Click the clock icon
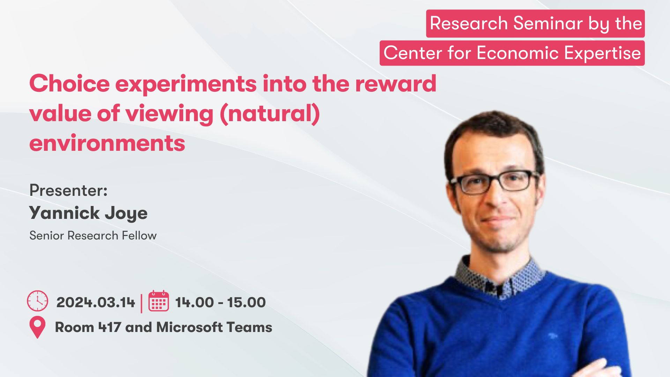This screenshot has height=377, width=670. tap(38, 301)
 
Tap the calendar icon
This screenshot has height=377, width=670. tap(159, 301)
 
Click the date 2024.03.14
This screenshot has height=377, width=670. tap(96, 302)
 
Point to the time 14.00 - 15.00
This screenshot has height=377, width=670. tap(221, 302)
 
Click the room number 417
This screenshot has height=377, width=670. tap(110, 327)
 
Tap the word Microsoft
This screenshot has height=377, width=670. tap(189, 327)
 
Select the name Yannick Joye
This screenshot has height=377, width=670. tap(88, 213)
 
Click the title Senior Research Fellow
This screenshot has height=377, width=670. tap(93, 236)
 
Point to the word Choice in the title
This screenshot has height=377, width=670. tap(70, 84)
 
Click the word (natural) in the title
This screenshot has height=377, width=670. tap(270, 114)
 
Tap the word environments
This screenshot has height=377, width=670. tap(107, 143)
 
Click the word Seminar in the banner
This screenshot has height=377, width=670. tap(548, 23)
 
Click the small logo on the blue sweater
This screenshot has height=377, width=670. tap(552, 336)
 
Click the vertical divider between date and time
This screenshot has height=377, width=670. tap(142, 303)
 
